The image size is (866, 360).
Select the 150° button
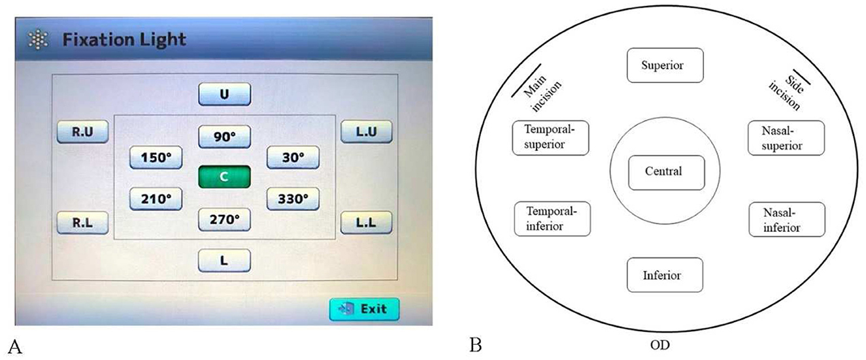coord(156,157)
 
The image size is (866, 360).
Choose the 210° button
coord(156,198)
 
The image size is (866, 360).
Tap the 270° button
coord(224,220)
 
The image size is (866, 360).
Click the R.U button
coord(82,132)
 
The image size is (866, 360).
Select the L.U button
coord(365,132)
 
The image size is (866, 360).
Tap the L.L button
coord(365,223)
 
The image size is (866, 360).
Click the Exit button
coord(363,308)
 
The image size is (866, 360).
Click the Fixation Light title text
coord(124,40)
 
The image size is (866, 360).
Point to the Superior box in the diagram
coord(665,65)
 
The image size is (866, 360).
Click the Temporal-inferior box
coord(552,219)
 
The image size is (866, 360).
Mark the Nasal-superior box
coord(786,138)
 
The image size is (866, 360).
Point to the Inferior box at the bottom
coord(665,275)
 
